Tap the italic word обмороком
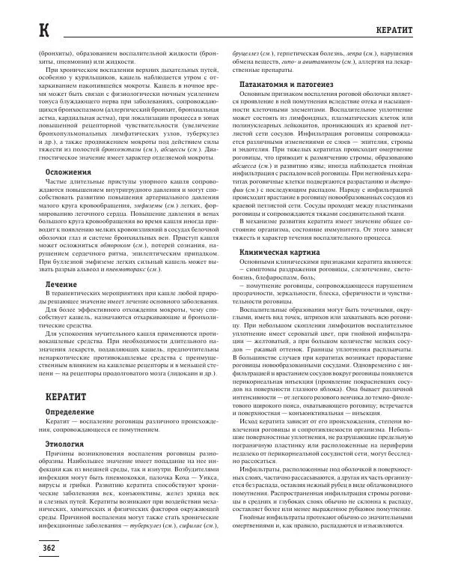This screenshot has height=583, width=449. click(x=123, y=245)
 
